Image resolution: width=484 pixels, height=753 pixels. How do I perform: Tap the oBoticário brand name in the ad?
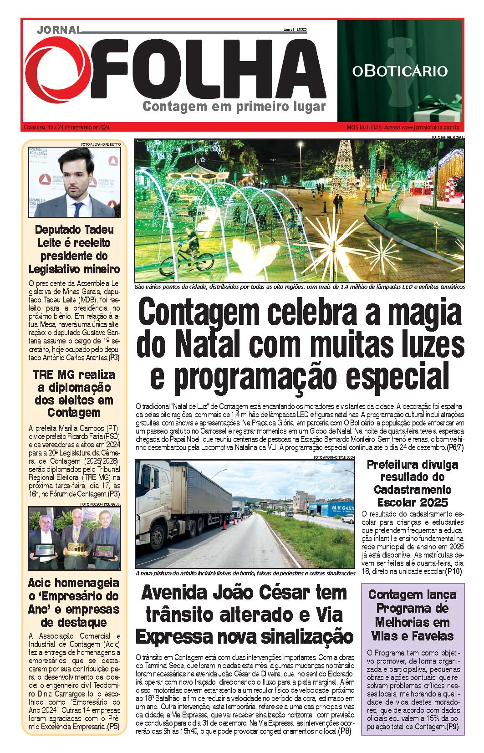tap(400, 71)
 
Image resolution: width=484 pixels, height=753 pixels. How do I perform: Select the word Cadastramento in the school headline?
tap(413, 490)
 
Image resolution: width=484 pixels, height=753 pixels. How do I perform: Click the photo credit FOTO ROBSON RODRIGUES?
tap(100, 504)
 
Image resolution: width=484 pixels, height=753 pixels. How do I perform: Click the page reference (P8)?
tap(345, 731)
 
